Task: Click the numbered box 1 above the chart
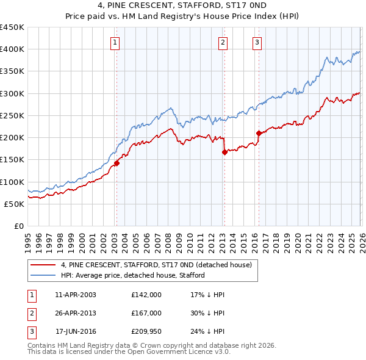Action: [x=115, y=42]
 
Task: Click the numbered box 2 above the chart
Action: [x=223, y=42]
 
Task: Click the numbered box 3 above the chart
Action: [x=257, y=42]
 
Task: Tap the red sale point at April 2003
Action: [x=117, y=163]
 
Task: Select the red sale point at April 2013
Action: [x=224, y=152]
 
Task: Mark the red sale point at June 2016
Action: [x=259, y=133]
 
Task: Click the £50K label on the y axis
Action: [x=15, y=204]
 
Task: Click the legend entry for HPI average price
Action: [x=132, y=275]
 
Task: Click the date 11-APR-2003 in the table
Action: [x=76, y=295]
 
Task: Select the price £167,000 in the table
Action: [x=146, y=313]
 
